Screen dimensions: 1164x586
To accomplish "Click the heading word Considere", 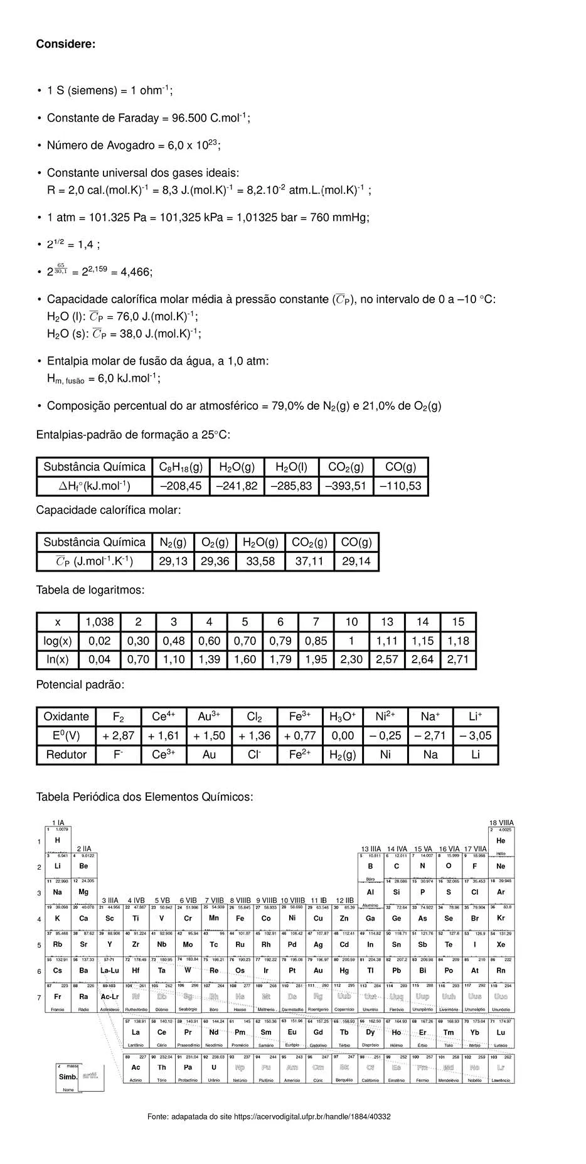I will point(65,44).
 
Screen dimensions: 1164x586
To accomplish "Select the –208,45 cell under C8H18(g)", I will point(181,486).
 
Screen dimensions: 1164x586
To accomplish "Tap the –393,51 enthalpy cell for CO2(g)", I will point(347,486).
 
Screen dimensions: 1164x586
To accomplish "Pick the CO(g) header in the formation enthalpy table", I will point(400,467).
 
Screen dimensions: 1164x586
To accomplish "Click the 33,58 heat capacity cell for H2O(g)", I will point(260,561).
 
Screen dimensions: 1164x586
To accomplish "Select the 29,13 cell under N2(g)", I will point(173,561).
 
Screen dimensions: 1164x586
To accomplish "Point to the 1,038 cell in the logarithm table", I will point(100,622).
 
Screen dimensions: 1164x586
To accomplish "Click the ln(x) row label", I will point(57,659).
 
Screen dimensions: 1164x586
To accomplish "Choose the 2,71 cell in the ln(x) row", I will point(458,659).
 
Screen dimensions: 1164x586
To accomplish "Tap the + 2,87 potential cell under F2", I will point(118,735).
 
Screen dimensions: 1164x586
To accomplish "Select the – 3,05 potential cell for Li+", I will point(476,735).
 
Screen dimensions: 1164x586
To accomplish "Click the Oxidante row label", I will point(66,717).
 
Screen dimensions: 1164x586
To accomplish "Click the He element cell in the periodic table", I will point(501,841).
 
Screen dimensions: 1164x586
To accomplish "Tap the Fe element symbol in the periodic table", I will point(240,918).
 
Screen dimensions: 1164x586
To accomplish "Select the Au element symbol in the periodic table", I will point(318,970).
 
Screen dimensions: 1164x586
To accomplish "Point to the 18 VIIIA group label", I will point(501,823).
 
